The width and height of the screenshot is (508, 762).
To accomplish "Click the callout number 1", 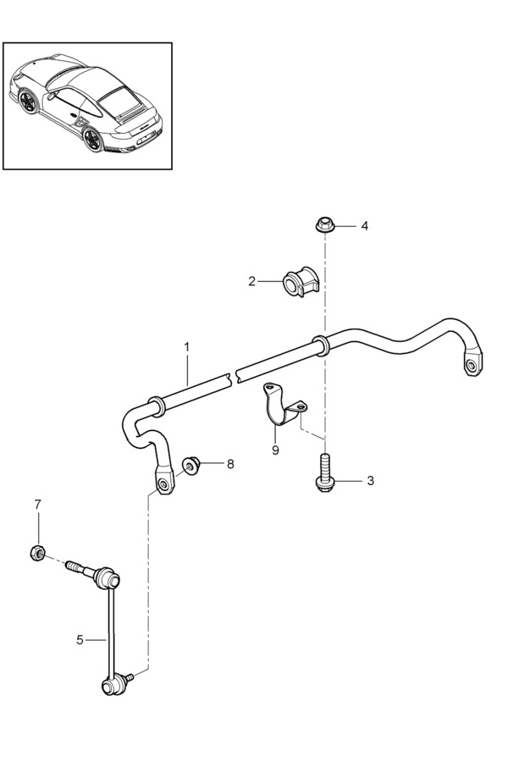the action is pyautogui.click(x=186, y=347).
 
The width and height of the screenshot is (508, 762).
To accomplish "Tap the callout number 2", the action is pyautogui.click(x=251, y=281).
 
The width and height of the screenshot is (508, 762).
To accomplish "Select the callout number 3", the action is pyautogui.click(x=371, y=481).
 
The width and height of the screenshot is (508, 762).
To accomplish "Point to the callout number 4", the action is pyautogui.click(x=364, y=226).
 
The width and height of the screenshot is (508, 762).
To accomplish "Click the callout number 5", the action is pyautogui.click(x=80, y=640).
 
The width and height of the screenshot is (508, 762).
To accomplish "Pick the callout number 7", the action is pyautogui.click(x=38, y=505).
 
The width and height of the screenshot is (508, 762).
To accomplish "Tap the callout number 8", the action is pyautogui.click(x=230, y=464).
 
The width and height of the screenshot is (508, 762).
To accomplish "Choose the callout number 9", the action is pyautogui.click(x=275, y=450).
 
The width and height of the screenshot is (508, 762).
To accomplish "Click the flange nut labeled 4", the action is pyautogui.click(x=323, y=225).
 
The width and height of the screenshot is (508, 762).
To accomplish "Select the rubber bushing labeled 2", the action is pyautogui.click(x=300, y=282).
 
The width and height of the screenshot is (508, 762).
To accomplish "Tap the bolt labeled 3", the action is pyautogui.click(x=324, y=472).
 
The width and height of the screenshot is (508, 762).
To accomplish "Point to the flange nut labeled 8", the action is pyautogui.click(x=191, y=466).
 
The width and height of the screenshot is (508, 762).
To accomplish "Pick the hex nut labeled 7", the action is pyautogui.click(x=37, y=553).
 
